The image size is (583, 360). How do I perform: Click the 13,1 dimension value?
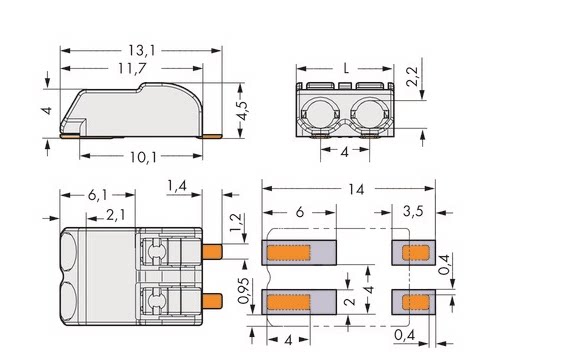(142, 51)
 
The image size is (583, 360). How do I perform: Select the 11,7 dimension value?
(132, 68)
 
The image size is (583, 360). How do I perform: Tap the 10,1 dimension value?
(143, 157)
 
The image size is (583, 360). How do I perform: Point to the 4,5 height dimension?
(242, 110)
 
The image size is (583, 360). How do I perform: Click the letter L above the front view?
(346, 68)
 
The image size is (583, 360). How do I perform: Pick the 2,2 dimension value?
(412, 76)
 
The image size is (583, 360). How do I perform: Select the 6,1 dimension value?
(97, 195)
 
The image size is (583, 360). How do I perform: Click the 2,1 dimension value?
(116, 215)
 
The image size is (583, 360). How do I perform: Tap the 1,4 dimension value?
(177, 186)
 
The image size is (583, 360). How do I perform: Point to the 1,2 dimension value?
(235, 222)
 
